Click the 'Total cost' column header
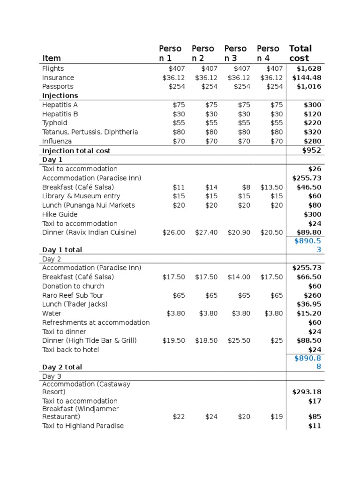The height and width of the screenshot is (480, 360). click(x=300, y=53)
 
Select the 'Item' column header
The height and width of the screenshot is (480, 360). click(x=52, y=58)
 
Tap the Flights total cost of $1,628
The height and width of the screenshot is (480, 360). click(x=309, y=68)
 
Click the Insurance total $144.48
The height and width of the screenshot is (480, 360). click(x=307, y=78)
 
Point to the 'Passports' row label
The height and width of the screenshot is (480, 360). click(x=58, y=87)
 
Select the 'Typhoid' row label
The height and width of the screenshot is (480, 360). click(x=55, y=123)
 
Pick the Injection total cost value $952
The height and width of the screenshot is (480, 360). click(x=312, y=150)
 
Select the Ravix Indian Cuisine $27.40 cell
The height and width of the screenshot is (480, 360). click(x=206, y=232)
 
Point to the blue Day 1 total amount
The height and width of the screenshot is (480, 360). click(x=308, y=245)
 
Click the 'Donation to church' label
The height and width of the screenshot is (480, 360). click(x=73, y=286)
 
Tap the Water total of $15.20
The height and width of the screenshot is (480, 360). click(x=309, y=313)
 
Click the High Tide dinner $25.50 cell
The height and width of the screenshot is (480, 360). click(x=239, y=340)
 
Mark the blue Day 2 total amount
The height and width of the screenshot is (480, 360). click(x=308, y=362)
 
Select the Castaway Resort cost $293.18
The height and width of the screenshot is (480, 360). click(x=307, y=392)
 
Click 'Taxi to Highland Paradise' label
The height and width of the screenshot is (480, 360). click(x=83, y=426)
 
